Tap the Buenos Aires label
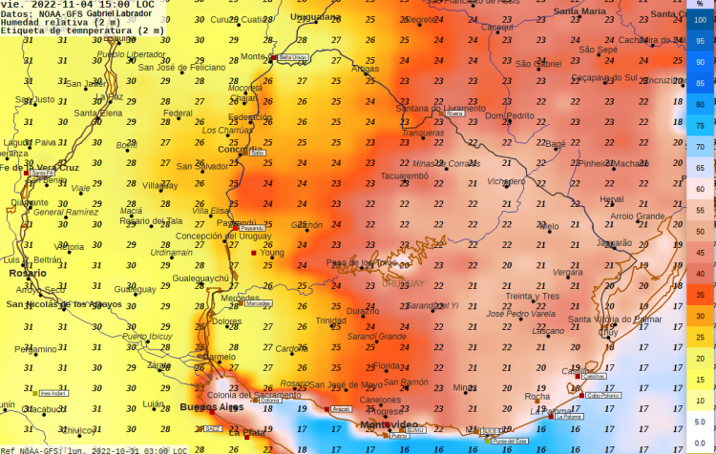click(x=211, y=407)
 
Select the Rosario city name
click(x=27, y=273)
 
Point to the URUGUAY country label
click(x=403, y=284)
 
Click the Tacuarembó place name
click(x=411, y=175)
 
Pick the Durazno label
click(x=363, y=311)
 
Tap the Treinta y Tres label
click(x=532, y=297)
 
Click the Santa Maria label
click(x=579, y=11)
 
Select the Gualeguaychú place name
click(x=200, y=279)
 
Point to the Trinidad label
click(x=331, y=320)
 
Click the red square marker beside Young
click(x=254, y=254)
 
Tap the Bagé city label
click(x=555, y=144)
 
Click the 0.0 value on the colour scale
click(x=700, y=442)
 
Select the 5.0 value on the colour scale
click(x=700, y=421)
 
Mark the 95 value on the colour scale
click(x=700, y=40)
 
